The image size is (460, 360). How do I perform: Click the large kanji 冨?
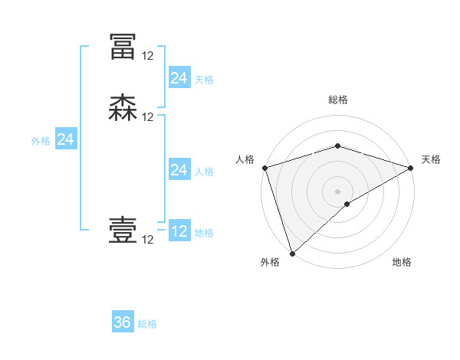point(123,47)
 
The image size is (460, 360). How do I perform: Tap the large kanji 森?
point(123,108)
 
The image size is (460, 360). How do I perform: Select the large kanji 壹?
point(123,230)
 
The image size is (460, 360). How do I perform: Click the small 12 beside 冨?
point(147,56)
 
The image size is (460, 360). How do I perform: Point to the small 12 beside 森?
point(147,117)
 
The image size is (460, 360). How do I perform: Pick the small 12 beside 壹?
point(147,240)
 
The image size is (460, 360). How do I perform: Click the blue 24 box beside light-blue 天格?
point(179,77)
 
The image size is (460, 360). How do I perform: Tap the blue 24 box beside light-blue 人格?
point(179,169)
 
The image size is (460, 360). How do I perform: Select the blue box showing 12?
point(179,231)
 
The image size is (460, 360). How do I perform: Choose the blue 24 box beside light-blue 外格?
point(66,139)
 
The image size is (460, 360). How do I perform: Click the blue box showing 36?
point(123,322)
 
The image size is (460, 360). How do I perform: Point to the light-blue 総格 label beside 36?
point(147,324)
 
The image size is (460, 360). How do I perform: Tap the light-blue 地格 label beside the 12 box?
point(204,233)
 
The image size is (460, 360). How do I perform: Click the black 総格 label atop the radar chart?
point(337,100)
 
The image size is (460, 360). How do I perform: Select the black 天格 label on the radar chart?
point(431,159)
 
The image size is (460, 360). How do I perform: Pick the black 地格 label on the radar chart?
point(402,263)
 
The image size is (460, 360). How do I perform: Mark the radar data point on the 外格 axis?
point(292,253)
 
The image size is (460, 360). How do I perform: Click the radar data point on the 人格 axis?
point(264,168)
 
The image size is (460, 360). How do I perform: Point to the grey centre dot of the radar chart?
point(337,191)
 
